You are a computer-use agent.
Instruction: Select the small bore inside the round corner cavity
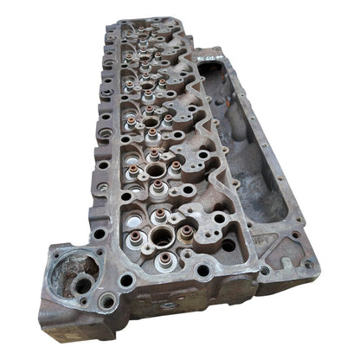[x=81, y=285]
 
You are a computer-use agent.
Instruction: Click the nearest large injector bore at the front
[x=162, y=235]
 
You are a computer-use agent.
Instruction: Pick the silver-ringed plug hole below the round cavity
[x=107, y=301]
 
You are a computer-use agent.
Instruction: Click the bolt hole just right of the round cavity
[x=126, y=280]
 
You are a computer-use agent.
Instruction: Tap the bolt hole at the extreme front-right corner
[x=308, y=265]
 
